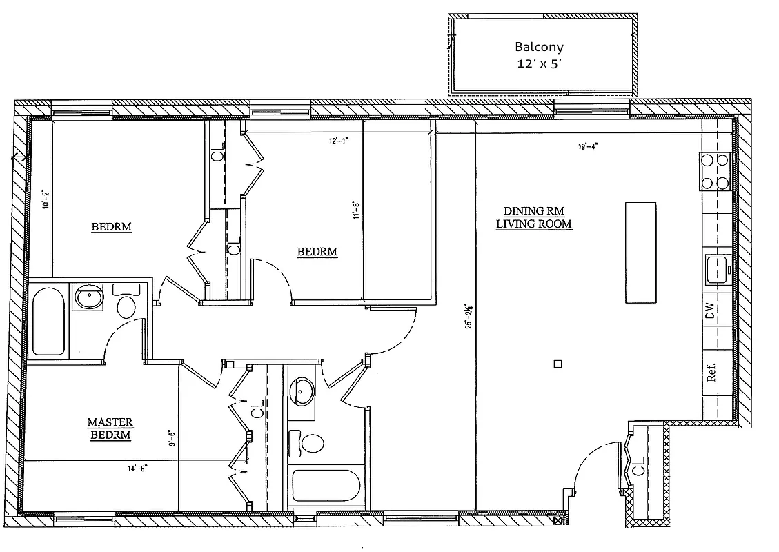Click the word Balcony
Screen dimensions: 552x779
click(x=539, y=48)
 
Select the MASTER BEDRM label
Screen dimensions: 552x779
click(x=110, y=428)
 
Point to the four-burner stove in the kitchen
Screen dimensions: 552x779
click(x=714, y=172)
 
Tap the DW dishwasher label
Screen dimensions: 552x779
click(x=710, y=311)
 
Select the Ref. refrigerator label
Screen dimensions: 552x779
click(x=711, y=372)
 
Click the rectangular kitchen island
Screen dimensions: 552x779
click(x=640, y=252)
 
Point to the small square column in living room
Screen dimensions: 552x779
click(x=558, y=363)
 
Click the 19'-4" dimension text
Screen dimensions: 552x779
click(x=588, y=146)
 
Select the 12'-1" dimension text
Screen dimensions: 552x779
click(x=338, y=140)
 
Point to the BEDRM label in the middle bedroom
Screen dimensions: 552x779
click(x=317, y=252)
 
